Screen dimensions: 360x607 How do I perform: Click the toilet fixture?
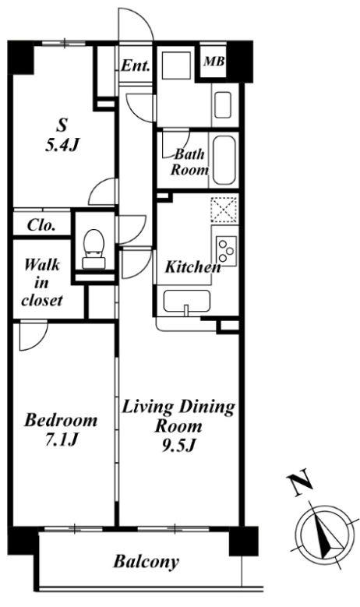click(x=94, y=249)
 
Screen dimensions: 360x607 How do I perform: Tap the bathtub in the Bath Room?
click(x=224, y=160)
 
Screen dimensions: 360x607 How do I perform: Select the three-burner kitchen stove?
click(x=226, y=250)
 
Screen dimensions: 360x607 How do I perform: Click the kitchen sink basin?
click(x=187, y=301)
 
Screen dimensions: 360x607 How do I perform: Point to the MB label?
click(x=214, y=61)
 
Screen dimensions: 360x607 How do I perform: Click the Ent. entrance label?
click(x=135, y=65)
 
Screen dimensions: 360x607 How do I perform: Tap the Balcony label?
click(x=146, y=562)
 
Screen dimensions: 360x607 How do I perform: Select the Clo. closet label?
click(x=41, y=225)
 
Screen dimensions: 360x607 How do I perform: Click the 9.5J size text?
click(x=178, y=446)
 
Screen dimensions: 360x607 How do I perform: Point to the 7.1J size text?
click(x=62, y=439)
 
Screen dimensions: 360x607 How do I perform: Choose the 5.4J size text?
click(x=62, y=146)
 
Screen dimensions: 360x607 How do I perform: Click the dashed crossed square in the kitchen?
click(x=224, y=210)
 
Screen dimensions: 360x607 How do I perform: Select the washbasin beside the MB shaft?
click(x=223, y=105)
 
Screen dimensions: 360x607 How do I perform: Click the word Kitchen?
click(x=192, y=266)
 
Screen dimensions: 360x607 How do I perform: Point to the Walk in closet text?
click(x=42, y=283)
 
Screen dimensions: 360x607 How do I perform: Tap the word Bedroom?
click(x=61, y=420)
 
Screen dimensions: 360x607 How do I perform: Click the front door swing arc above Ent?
click(x=144, y=17)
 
